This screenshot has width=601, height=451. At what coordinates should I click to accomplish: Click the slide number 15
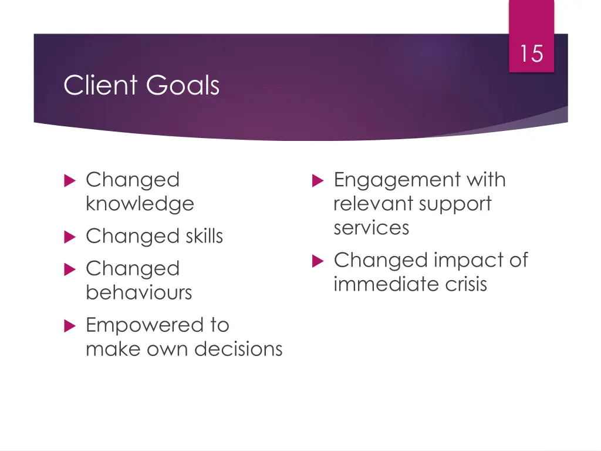tap(531, 54)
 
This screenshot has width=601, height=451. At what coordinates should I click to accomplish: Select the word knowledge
tap(140, 204)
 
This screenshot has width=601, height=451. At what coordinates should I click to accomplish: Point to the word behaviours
tap(139, 292)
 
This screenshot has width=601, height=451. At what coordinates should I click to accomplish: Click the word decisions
tap(238, 349)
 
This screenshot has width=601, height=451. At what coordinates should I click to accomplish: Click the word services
tap(371, 227)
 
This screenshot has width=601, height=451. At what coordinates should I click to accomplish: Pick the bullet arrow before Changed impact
tap(318, 261)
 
